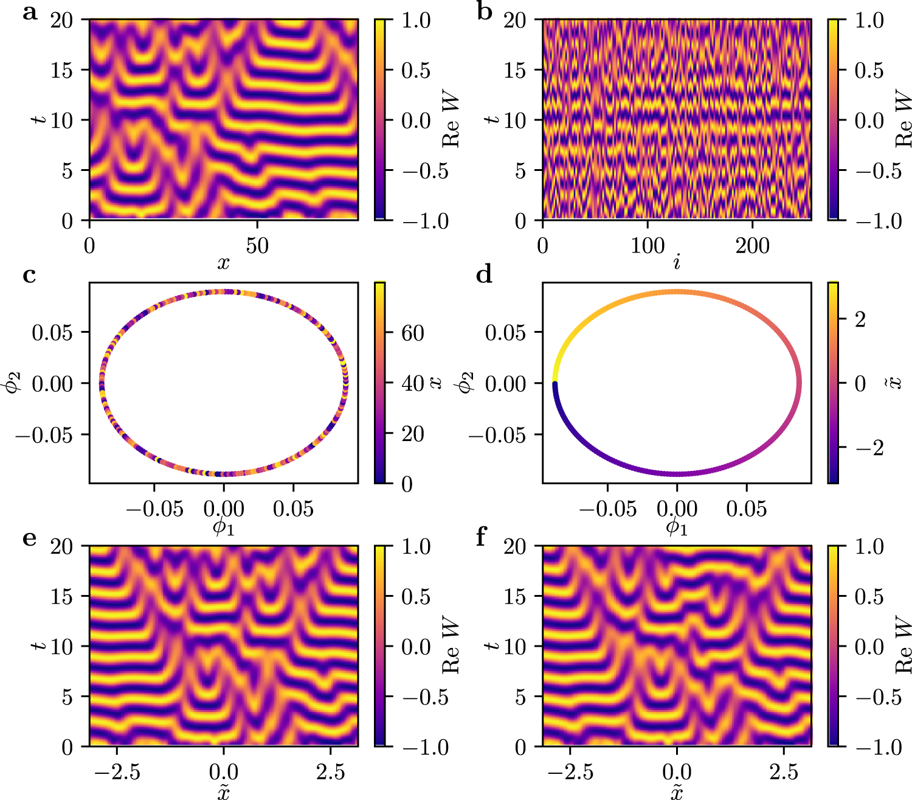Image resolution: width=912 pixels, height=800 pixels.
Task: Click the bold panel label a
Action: (x=30, y=12)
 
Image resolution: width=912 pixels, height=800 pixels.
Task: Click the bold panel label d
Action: (x=484, y=276)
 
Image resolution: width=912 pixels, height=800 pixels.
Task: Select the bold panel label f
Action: (x=482, y=538)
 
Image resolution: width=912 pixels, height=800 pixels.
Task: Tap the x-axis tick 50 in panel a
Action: (x=257, y=245)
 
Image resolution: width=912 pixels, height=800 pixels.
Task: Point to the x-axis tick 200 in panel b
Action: (x=753, y=245)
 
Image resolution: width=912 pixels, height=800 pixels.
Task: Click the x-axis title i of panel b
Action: (x=677, y=262)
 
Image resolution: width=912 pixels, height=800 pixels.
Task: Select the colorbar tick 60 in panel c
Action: (x=413, y=333)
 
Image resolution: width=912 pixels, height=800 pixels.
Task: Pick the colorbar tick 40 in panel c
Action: (x=413, y=383)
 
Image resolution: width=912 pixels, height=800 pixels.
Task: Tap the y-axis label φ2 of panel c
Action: (x=13, y=383)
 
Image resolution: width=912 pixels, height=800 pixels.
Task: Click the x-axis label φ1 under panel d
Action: (x=677, y=527)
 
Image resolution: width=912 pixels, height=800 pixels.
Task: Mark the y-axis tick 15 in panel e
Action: (x=61, y=596)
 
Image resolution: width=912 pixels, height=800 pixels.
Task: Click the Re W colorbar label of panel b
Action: (x=903, y=120)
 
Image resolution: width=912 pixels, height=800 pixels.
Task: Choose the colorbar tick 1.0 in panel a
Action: (x=416, y=20)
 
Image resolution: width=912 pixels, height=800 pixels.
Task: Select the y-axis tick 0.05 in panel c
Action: (x=52, y=332)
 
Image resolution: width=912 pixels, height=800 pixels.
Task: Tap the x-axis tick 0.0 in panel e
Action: (x=223, y=772)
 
